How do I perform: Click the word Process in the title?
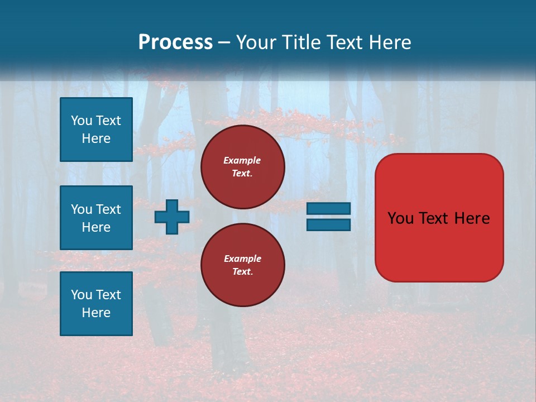click(x=175, y=42)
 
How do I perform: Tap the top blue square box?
click(x=96, y=130)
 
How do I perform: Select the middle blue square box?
click(x=96, y=218)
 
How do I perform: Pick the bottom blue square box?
click(x=96, y=304)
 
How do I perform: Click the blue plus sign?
click(x=172, y=217)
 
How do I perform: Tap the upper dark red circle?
click(x=243, y=167)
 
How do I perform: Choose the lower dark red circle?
click(x=243, y=265)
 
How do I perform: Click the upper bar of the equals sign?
click(x=328, y=208)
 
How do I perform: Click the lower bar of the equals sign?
click(x=328, y=225)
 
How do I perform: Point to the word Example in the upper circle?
click(x=242, y=160)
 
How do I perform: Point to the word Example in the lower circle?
click(x=242, y=259)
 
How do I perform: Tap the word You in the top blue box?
click(x=81, y=121)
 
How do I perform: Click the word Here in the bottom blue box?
click(x=96, y=313)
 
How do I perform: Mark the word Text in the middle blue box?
click(x=108, y=209)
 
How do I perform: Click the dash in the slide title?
click(x=224, y=42)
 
